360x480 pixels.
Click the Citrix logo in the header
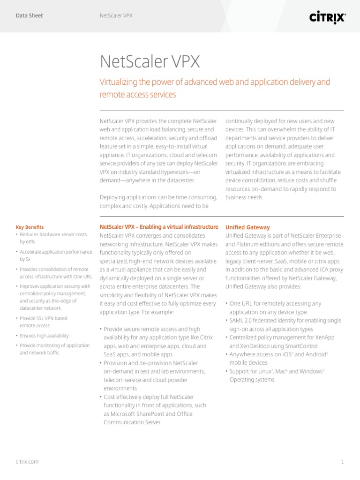327,17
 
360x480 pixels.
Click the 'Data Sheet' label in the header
29,16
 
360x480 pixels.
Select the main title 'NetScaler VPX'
150,61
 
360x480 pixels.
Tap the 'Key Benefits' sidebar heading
30,227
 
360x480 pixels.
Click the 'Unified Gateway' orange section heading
247,227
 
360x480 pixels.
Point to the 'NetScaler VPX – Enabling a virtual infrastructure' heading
159,227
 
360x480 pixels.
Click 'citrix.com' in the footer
27,462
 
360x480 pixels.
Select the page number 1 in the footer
342,462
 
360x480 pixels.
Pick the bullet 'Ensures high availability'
44,336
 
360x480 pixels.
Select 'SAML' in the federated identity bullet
237,321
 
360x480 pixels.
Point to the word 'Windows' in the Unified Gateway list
310,371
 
